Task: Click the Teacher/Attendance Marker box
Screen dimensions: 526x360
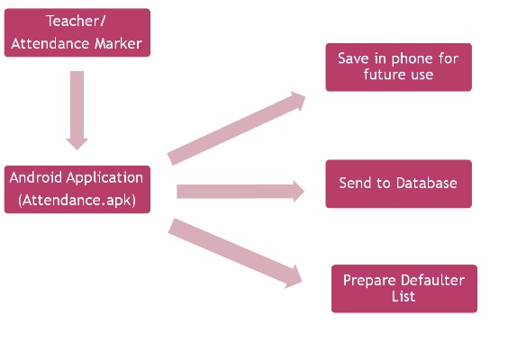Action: (77, 32)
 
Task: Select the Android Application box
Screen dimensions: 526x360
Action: (77, 189)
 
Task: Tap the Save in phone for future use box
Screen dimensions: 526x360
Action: (398, 67)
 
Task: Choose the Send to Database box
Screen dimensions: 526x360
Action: (398, 184)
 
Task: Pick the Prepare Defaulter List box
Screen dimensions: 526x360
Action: (404, 289)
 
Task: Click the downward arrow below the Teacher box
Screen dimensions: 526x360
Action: (77, 111)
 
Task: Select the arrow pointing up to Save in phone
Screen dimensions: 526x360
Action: (236, 129)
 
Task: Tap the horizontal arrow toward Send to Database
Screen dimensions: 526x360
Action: (240, 192)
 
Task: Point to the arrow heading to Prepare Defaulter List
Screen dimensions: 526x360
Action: (235, 254)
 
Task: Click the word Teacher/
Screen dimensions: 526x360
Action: (77, 21)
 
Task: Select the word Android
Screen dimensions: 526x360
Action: (35, 177)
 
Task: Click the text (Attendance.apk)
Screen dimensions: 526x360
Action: (77, 200)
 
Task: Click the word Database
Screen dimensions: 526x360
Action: (427, 183)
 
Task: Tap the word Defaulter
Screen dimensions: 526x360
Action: (432, 280)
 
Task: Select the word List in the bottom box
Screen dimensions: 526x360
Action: (404, 296)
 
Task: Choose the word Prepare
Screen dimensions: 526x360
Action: (370, 281)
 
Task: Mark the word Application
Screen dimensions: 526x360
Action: (104, 178)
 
